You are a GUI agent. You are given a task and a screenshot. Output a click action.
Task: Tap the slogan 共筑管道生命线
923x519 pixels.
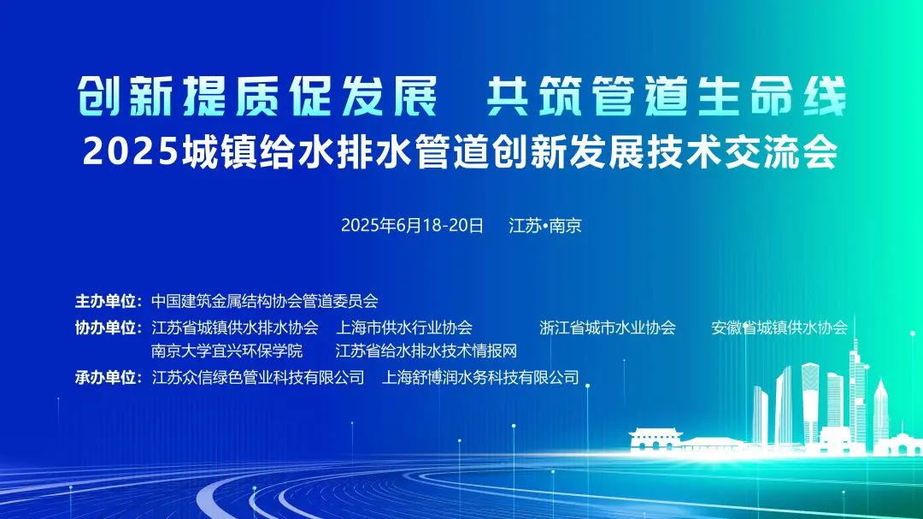pos(666,97)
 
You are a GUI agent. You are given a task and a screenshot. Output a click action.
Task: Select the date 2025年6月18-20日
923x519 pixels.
pos(412,226)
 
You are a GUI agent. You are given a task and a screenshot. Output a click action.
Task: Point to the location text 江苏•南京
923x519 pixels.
pos(544,226)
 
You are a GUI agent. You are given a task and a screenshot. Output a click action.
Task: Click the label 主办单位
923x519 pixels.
pos(108,301)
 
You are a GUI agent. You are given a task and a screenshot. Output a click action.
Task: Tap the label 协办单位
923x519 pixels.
pos(108,327)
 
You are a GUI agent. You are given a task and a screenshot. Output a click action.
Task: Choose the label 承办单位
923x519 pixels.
pos(108,377)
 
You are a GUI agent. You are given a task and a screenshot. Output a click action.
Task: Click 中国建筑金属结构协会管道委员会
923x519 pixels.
pos(264,301)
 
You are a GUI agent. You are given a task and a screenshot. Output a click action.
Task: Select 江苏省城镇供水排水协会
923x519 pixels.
pos(234,327)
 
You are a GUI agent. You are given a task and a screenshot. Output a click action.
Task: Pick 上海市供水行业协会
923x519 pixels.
pos(404,327)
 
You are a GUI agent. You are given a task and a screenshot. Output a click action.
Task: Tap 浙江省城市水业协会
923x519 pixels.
pos(608,327)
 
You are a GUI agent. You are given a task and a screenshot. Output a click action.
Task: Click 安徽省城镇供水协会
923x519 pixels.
pos(779,327)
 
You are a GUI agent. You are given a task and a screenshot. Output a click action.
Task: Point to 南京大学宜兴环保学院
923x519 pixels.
pos(226,351)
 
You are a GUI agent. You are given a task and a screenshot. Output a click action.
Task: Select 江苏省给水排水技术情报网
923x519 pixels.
pos(426,351)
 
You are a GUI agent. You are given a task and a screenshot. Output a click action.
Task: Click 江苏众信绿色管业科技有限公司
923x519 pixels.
pos(257,377)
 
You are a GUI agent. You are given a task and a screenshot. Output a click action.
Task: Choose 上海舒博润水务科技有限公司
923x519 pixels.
pos(481,377)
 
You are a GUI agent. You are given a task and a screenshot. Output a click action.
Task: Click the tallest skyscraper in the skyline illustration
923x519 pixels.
pos(854,393)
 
